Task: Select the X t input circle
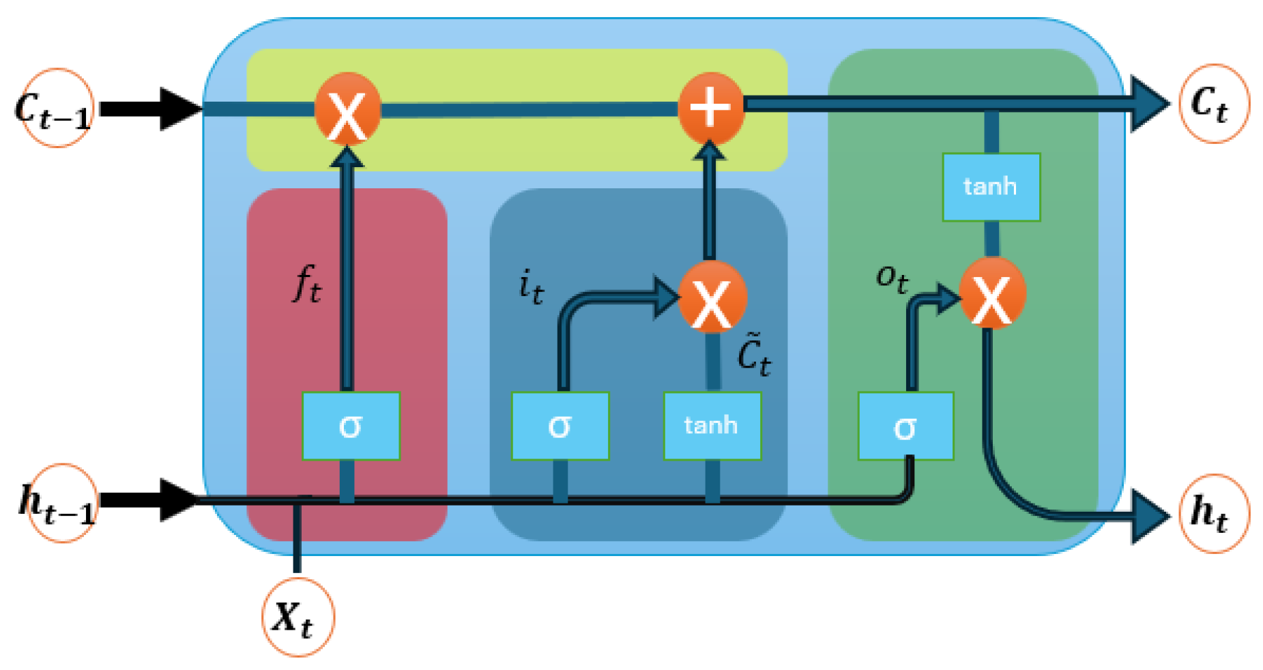pos(297,617)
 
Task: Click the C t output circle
pos(1213,104)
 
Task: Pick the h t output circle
pos(1213,513)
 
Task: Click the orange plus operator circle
pos(710,108)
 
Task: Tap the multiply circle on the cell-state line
pos(347,109)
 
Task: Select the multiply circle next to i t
pos(712,297)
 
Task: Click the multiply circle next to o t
pos(992,293)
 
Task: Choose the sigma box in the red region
pos(351,426)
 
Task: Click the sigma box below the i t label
pos(560,426)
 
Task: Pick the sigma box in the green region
pos(905,426)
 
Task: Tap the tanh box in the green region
pos(991,186)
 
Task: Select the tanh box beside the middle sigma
pos(712,426)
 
